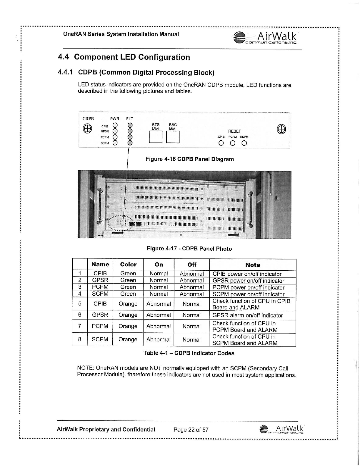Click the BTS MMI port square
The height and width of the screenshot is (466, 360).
pos(156,137)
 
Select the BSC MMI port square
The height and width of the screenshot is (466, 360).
pos(173,137)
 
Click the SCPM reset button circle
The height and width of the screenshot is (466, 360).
pos(244,144)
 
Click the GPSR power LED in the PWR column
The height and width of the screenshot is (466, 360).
pos(116,131)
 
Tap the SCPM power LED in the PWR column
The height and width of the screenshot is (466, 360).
pos(116,143)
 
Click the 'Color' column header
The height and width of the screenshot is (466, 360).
pos(128,264)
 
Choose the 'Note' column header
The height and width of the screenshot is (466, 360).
pos(253,265)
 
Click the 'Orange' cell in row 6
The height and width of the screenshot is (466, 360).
pos(128,315)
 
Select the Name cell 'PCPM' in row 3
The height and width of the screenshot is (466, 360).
pos(100,287)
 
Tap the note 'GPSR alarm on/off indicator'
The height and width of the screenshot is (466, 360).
pos(248,315)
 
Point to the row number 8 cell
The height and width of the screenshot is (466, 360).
pos(80,339)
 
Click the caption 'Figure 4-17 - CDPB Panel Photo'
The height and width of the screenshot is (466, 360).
pos(189,249)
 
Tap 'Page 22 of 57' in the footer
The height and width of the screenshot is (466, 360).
pos(191,430)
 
